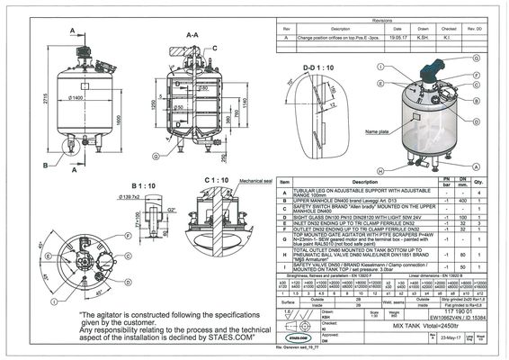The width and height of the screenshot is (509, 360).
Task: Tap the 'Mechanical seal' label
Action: click(x=254, y=181)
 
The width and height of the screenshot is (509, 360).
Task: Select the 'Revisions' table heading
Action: click(x=383, y=20)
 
